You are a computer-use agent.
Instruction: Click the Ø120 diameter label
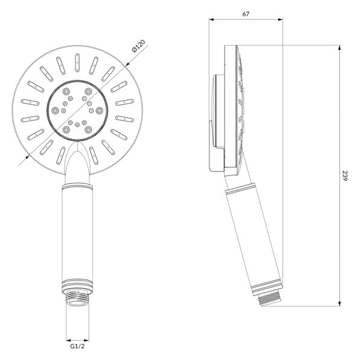(138, 46)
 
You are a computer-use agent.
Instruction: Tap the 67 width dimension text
(246, 14)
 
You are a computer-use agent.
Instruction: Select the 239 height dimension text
(346, 176)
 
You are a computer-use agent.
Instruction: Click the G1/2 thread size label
(77, 346)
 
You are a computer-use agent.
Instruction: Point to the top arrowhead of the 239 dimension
(339, 48)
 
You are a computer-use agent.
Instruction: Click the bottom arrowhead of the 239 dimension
(339, 303)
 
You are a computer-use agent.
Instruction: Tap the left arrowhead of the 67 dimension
(211, 20)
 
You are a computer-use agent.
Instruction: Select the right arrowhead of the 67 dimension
(280, 20)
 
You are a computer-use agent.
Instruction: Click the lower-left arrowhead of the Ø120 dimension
(27, 157)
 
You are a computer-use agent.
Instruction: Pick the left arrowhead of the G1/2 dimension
(69, 340)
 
